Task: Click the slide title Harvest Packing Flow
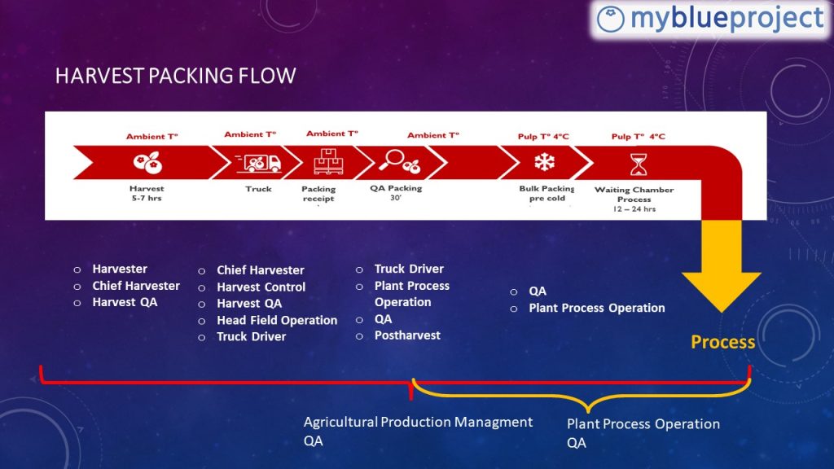(x=176, y=76)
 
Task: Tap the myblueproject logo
(x=710, y=20)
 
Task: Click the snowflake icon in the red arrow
(x=545, y=162)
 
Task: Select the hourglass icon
(x=639, y=164)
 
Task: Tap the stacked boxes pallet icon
(x=328, y=162)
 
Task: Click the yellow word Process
(x=723, y=342)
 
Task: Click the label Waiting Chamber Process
(x=634, y=194)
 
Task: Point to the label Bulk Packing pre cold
(x=546, y=193)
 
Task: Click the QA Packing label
(x=397, y=188)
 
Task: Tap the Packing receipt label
(x=318, y=194)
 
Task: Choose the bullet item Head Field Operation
(x=277, y=320)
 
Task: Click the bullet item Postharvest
(x=407, y=335)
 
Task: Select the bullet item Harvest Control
(x=261, y=287)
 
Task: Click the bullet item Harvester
(x=120, y=269)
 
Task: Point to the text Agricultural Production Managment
(x=418, y=423)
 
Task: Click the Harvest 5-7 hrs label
(x=147, y=193)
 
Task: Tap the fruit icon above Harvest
(x=147, y=162)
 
